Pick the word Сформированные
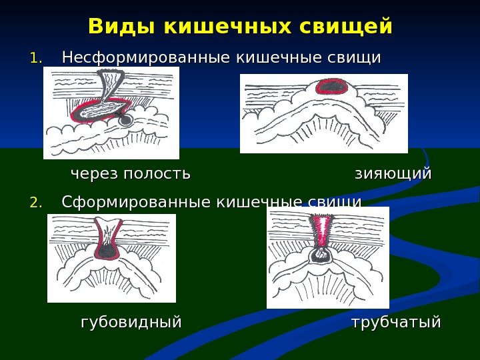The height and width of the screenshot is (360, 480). tap(133, 202)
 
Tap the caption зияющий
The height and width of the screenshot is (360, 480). tap(393, 174)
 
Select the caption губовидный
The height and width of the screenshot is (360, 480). tap(131, 323)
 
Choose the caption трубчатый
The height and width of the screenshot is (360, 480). tap(396, 323)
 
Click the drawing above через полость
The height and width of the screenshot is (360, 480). tap(111, 113)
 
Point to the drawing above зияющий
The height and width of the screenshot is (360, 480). tap(323, 114)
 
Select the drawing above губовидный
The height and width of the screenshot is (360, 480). tap(111, 258)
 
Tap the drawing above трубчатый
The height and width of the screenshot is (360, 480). tap(327, 257)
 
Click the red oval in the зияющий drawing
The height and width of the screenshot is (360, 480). tap(331, 86)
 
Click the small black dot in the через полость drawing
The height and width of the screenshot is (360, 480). tap(125, 121)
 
